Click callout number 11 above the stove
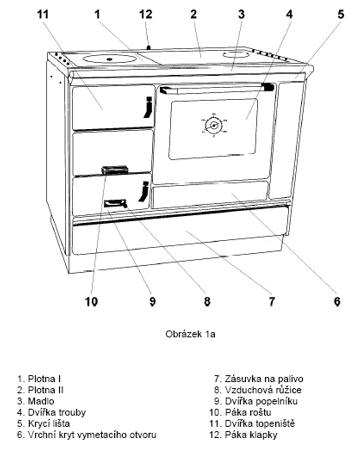pos(43,14)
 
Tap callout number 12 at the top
pos(145,14)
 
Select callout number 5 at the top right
pos(340,14)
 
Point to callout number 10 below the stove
pos(91,301)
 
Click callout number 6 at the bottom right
pos(337,301)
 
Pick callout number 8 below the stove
pos(207,301)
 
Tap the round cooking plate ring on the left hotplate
pos(110,59)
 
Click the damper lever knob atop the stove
pos(149,48)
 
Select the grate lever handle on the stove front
pos(115,170)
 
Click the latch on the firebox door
pos(149,107)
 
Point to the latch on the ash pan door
pos(144,191)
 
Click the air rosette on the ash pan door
pos(115,203)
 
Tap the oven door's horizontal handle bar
pos(217,89)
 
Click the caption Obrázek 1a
pos(190,334)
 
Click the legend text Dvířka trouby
pos(57,412)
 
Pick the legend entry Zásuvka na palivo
pos(264,379)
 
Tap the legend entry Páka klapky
pos(251,435)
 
